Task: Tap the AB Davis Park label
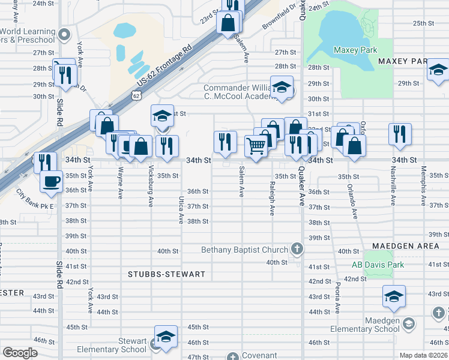[x=378, y=265]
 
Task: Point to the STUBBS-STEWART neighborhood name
[x=167, y=274]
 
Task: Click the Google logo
[x=19, y=353]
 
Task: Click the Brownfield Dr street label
[x=280, y=17]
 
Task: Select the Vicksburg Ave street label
[x=151, y=185]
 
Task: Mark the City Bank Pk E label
[x=35, y=200]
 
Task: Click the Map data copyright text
[x=423, y=355]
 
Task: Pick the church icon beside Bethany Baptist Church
[x=296, y=248]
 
